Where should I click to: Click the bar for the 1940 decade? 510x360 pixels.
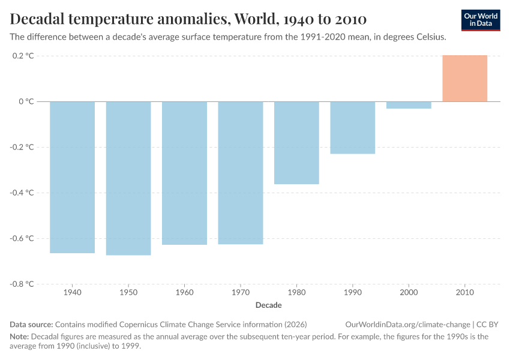tap(72, 177)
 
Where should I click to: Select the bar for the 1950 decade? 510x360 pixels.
tap(128, 178)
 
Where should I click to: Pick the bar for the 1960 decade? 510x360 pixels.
tap(184, 173)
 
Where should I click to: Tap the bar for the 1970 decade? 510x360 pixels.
tap(241, 173)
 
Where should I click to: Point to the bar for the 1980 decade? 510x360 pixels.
tap(296, 143)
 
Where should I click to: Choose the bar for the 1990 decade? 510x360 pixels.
tap(353, 128)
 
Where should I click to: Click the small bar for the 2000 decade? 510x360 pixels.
tap(409, 105)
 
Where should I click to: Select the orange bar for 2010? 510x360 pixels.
tap(465, 79)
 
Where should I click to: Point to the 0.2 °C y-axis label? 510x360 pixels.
tap(22, 56)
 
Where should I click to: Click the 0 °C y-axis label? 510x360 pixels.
tap(26, 101)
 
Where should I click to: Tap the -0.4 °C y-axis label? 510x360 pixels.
tap(21, 193)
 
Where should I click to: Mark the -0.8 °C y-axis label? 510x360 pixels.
tap(21, 284)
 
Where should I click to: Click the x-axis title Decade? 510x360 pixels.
tap(268, 305)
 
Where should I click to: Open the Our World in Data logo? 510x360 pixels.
tap(481, 20)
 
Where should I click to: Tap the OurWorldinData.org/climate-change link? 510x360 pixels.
tap(407, 325)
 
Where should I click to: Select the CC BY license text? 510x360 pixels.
tap(488, 325)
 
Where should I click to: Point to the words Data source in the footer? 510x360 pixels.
tap(31, 325)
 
